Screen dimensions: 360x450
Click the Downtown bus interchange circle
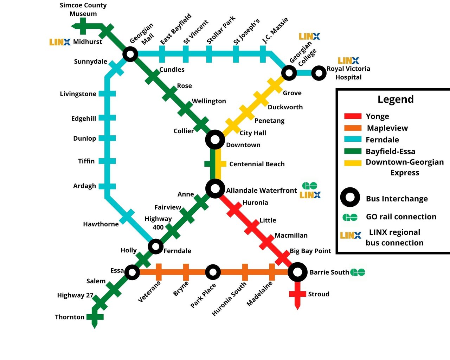[x=215, y=140]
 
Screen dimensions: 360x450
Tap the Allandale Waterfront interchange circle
[x=215, y=188]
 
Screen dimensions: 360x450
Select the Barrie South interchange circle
[x=297, y=272]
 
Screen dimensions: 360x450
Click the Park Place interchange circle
[x=212, y=272]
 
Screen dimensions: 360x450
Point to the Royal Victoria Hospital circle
[x=319, y=73]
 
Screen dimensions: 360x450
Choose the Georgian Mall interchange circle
[x=130, y=54]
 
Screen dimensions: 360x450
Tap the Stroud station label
[x=319, y=294]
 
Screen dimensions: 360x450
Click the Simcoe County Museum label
[x=83, y=9]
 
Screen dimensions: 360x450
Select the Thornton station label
[x=70, y=317]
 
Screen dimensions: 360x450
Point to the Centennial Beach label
[x=257, y=164]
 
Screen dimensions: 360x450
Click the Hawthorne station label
[x=101, y=224]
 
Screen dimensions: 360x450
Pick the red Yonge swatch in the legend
[x=353, y=116]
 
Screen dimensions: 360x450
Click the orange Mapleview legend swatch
[x=353, y=128]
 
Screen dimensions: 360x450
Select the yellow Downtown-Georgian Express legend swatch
[x=353, y=163]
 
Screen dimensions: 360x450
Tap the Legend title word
[x=396, y=99]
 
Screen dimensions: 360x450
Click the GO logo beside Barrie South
[x=358, y=272]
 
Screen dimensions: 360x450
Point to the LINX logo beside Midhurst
[x=60, y=42]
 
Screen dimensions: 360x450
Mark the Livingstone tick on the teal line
[x=107, y=94]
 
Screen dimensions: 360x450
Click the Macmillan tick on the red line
[x=267, y=242]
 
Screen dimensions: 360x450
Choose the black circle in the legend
[x=350, y=197]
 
